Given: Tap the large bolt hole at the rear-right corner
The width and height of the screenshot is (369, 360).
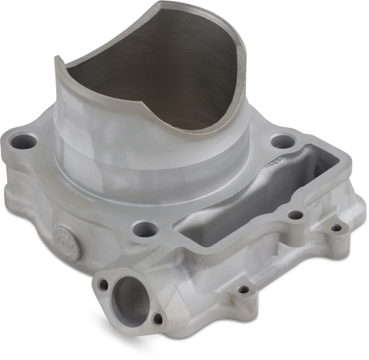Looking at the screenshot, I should tap(283, 142).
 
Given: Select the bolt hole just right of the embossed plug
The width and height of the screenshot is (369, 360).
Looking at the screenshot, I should tap(141, 228).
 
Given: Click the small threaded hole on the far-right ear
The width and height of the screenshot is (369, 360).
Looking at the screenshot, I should tap(336, 227).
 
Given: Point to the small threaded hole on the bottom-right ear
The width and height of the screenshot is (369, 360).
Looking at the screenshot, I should tap(243, 288).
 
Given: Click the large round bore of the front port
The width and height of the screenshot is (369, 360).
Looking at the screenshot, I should tap(131, 298).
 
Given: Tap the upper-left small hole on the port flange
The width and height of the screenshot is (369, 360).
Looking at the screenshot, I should tap(103, 285).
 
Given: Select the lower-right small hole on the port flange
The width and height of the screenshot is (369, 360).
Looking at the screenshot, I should tap(158, 318).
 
